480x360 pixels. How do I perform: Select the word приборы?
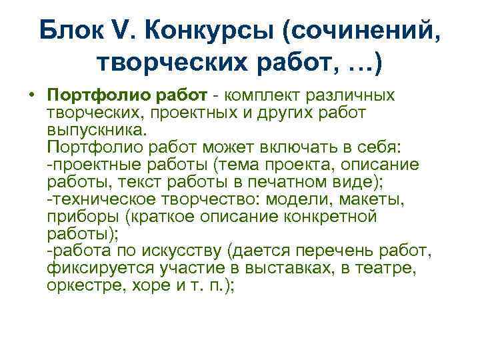point(77,217)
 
